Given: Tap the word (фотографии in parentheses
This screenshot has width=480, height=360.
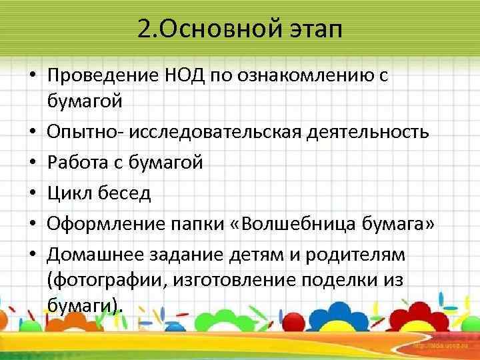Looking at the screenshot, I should click(94, 279).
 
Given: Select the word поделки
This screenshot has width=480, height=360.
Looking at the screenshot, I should click(352, 279).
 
